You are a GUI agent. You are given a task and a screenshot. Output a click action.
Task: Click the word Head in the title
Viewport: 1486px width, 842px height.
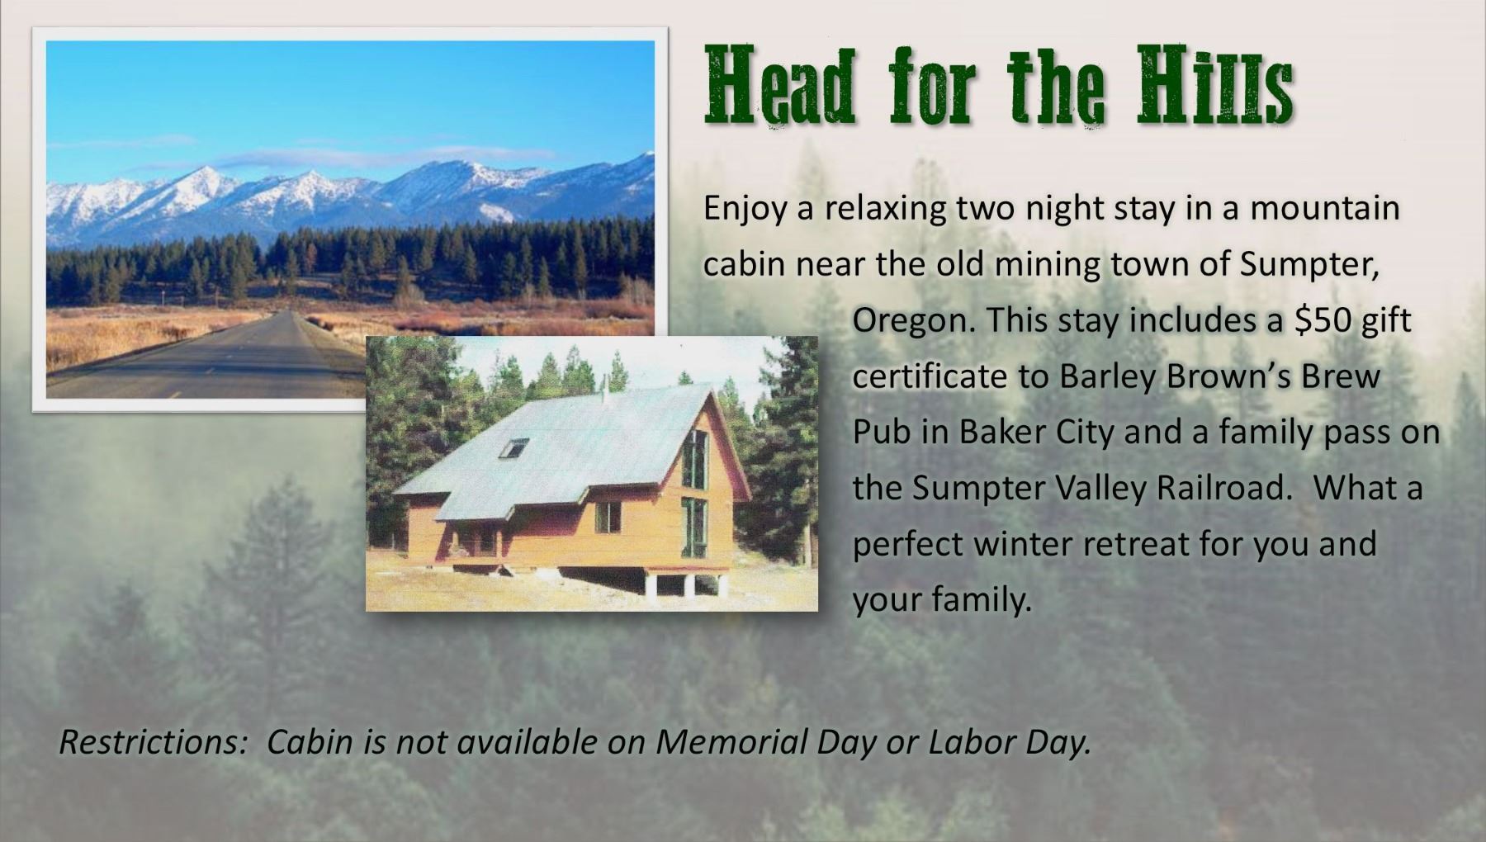781,86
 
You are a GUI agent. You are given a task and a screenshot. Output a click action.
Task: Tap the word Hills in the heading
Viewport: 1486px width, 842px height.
1214,86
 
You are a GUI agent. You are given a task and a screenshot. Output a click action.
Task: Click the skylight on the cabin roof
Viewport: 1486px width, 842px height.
513,447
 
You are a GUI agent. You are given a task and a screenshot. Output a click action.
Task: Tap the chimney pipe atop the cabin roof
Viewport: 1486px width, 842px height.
603,386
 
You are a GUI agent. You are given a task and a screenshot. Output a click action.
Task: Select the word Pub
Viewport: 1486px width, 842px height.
881,433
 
